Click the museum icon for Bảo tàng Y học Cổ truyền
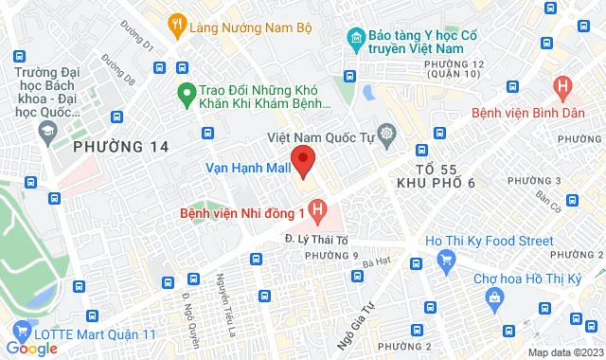click(356, 39)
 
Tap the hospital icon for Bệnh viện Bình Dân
click(564, 88)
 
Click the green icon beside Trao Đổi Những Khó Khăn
click(186, 93)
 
